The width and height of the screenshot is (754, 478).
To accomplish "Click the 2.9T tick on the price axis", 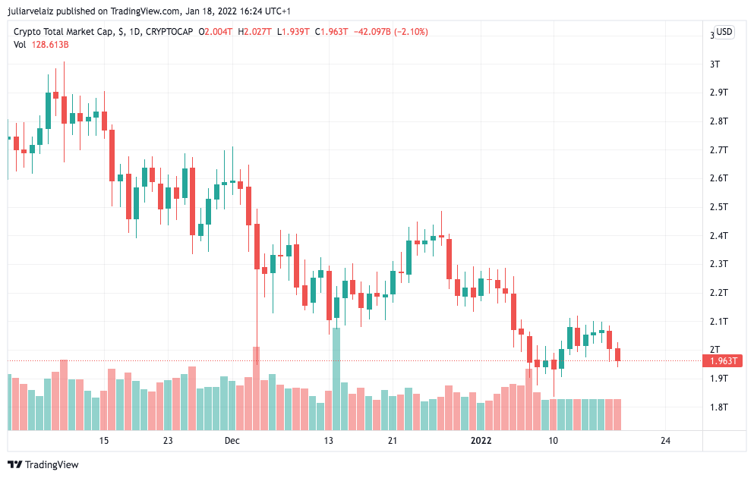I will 718,93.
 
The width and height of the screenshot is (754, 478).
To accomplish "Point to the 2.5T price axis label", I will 718,207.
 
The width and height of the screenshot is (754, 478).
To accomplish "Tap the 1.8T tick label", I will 718,407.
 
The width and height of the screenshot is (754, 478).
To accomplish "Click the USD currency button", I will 724,32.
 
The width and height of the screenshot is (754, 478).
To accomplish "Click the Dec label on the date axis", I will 232,441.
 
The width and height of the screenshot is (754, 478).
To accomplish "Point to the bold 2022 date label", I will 481,441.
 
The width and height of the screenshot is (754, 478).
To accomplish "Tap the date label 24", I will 665,441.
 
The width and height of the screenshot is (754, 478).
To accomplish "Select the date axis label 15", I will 104,441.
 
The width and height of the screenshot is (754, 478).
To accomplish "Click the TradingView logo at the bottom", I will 44,464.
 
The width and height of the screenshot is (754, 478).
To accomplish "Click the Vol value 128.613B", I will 50,45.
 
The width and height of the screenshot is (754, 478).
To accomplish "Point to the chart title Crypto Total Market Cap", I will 64,32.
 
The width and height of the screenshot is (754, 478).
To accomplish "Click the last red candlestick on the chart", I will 618,354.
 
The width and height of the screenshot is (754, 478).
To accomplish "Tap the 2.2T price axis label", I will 718,293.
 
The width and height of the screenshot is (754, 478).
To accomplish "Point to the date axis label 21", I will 392,441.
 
